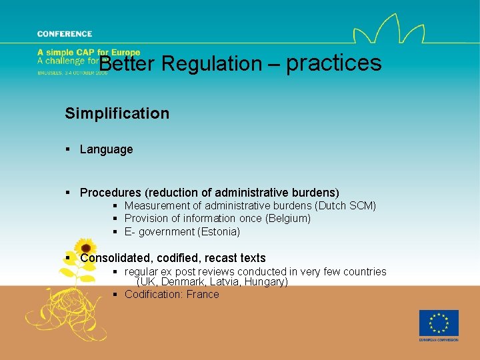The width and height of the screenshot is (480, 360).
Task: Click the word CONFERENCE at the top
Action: (65, 34)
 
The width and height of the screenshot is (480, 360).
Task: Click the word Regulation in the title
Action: (212, 64)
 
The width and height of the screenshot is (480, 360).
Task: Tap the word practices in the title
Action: (334, 63)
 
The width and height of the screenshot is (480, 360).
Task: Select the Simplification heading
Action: (117, 113)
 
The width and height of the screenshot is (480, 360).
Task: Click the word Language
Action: (106, 149)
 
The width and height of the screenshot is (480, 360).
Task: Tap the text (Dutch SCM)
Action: (345, 206)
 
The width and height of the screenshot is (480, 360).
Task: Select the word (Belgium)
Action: (288, 219)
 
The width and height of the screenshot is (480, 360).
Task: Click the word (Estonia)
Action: (219, 232)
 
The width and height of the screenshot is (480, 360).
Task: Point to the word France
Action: (203, 295)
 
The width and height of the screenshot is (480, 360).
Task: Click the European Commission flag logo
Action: (439, 323)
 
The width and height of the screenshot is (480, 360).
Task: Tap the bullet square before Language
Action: (68, 149)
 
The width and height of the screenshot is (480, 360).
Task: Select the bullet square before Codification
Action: (115, 295)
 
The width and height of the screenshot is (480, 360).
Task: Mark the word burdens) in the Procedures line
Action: (315, 193)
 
